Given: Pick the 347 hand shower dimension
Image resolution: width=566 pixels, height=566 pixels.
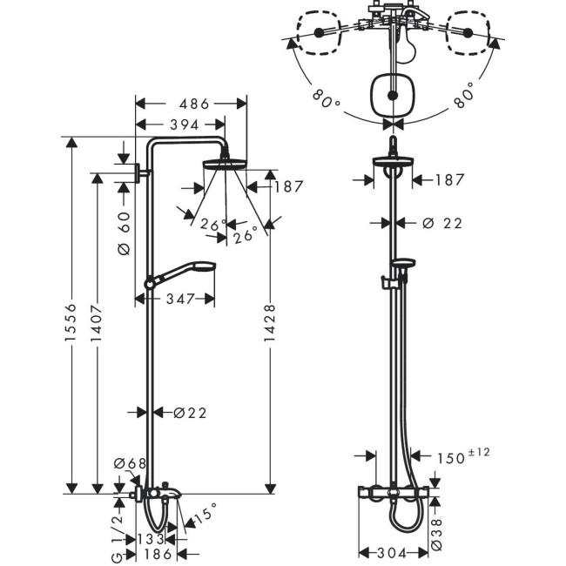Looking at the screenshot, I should point(175,299).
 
